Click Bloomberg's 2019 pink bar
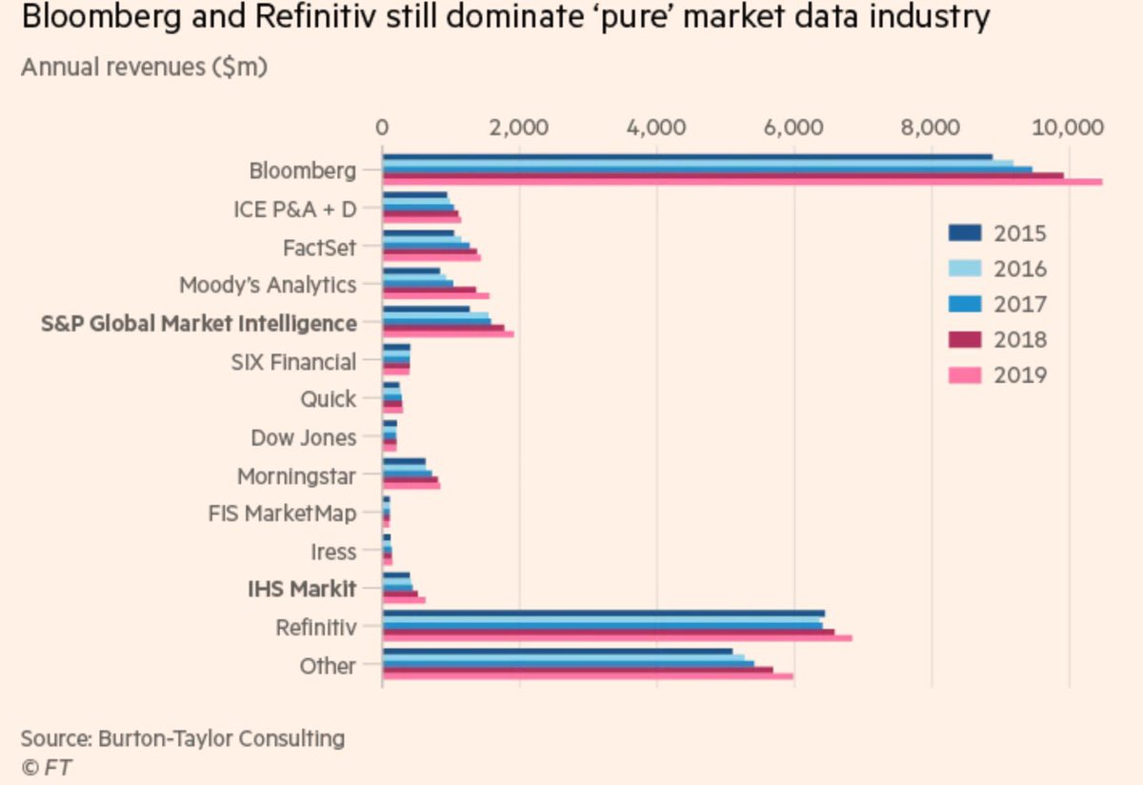click(x=743, y=181)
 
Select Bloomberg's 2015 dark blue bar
click(x=686, y=157)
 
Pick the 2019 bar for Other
click(x=588, y=676)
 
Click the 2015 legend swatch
click(x=966, y=232)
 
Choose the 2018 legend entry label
click(x=1020, y=340)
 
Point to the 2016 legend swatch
click(x=966, y=269)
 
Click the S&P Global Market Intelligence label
click(x=199, y=324)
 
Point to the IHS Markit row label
click(x=302, y=590)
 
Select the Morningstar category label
click(x=296, y=475)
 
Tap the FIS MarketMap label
click(x=282, y=513)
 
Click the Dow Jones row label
click(x=303, y=437)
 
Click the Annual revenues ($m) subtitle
click(x=144, y=68)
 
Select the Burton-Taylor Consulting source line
click(x=183, y=737)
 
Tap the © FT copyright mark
click(x=47, y=766)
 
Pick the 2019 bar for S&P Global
click(x=448, y=334)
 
